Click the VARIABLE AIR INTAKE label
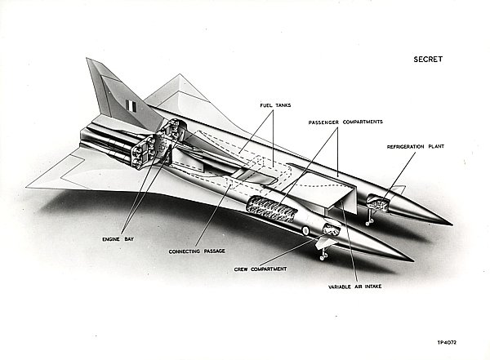pyautogui.click(x=354, y=287)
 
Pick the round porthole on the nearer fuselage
pyautogui.click(x=305, y=232)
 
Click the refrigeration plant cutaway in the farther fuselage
pyautogui.click(x=382, y=196)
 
